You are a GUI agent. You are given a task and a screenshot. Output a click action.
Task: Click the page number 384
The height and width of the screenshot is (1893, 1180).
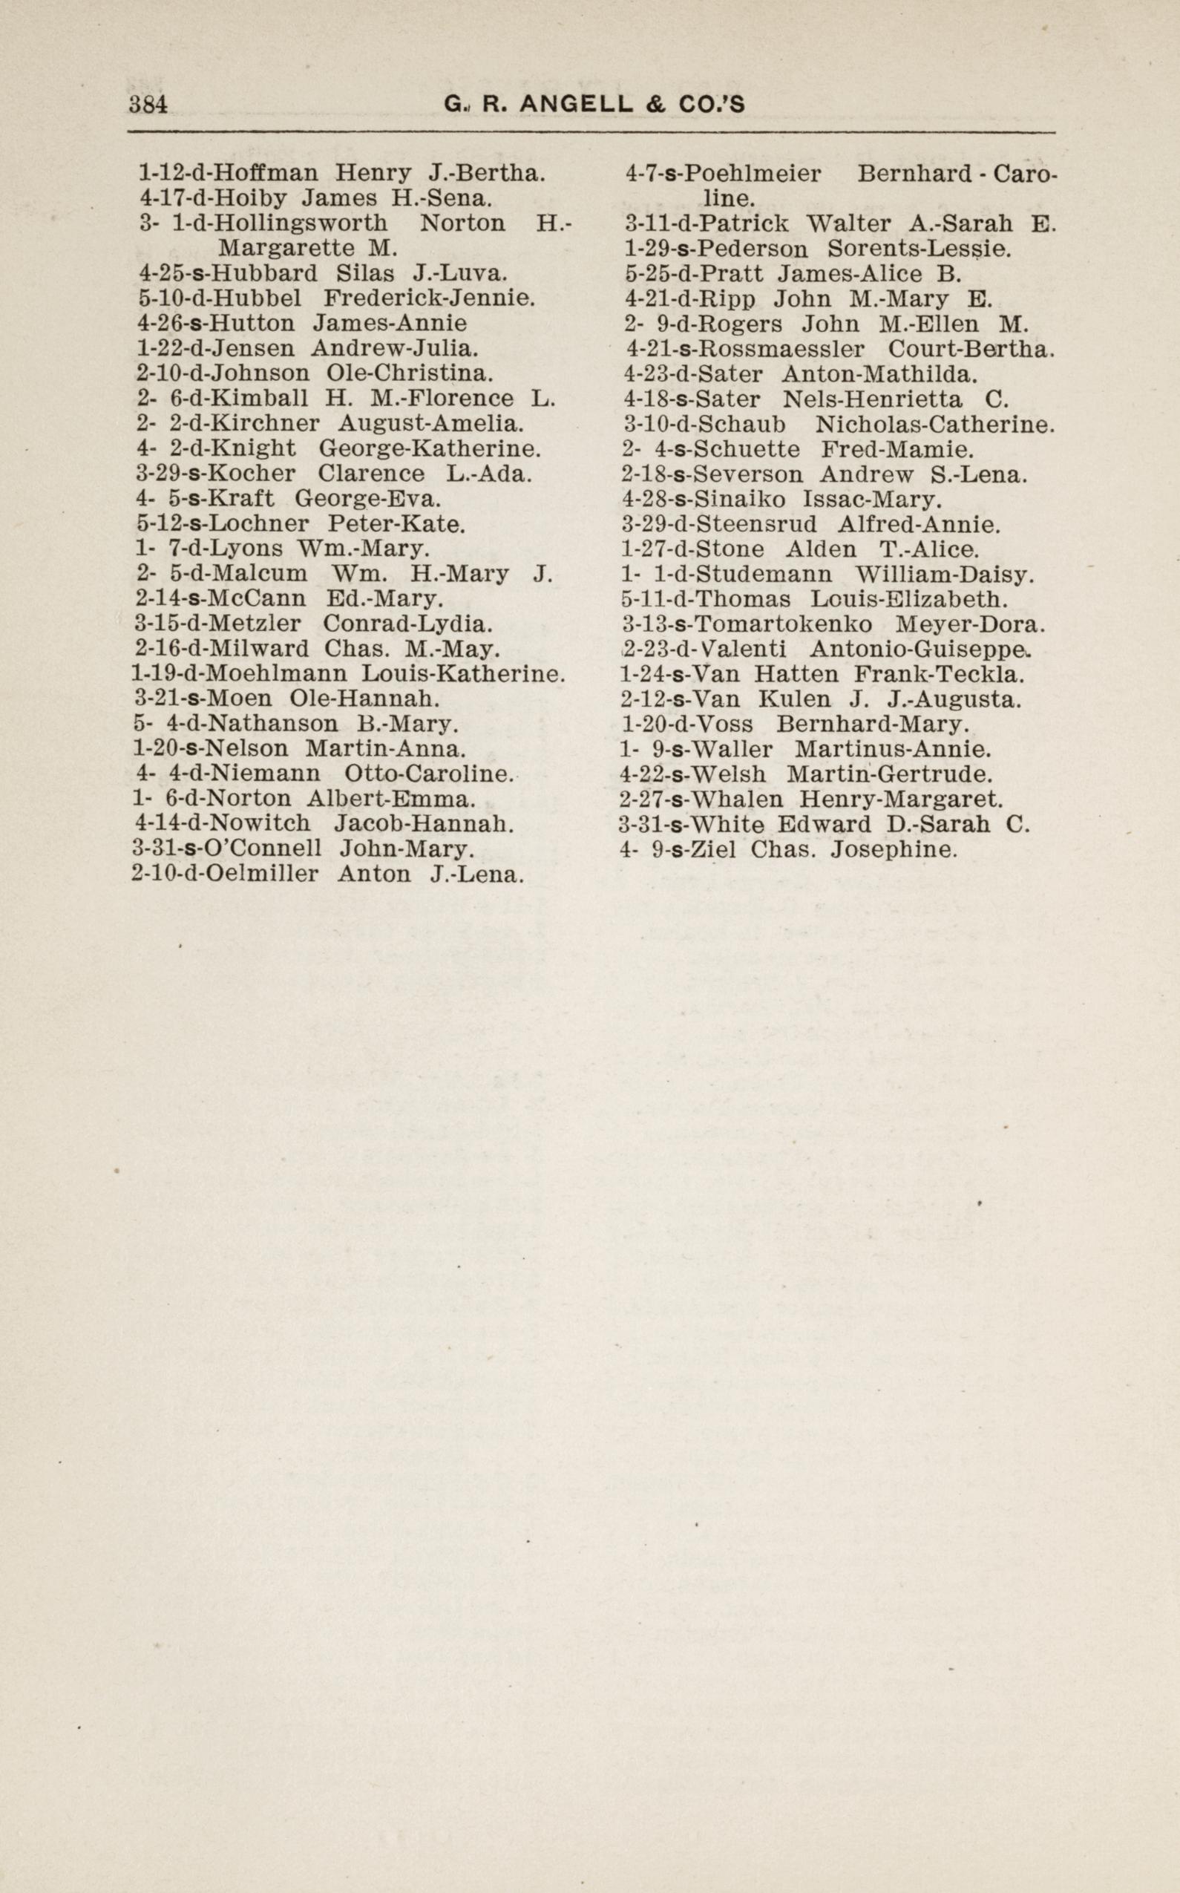(148, 105)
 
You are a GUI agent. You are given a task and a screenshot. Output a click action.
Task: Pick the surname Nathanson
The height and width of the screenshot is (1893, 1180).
(275, 724)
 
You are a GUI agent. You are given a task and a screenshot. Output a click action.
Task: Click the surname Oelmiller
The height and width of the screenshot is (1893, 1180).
(266, 874)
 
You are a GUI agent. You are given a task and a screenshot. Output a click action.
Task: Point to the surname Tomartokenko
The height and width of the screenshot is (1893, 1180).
(784, 624)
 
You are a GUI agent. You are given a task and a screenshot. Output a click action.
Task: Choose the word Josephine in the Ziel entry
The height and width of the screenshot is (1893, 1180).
(893, 849)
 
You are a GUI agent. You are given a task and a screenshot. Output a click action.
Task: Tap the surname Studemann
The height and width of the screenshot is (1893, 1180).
(762, 575)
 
